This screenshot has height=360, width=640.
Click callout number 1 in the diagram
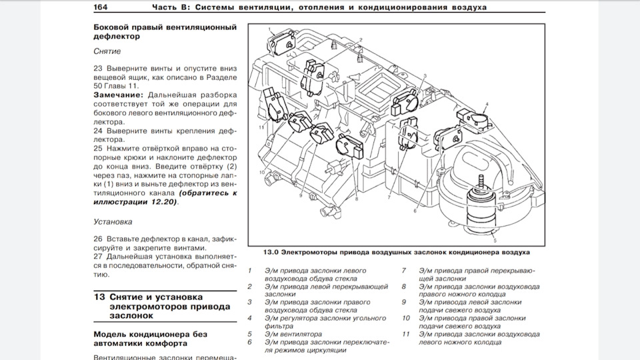(x=271, y=29)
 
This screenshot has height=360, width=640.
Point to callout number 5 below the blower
(x=494, y=239)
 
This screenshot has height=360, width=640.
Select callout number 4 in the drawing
(x=487, y=104)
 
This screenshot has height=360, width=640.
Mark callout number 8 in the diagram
(x=357, y=199)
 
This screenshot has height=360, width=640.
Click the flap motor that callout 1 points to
(x=280, y=44)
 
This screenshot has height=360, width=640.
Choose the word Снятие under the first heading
(x=107, y=51)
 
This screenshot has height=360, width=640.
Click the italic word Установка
(x=113, y=221)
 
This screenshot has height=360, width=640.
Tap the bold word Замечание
(x=119, y=95)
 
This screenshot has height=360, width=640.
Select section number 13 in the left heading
(x=98, y=296)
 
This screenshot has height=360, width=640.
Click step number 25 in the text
(x=98, y=148)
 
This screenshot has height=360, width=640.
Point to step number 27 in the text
(x=98, y=256)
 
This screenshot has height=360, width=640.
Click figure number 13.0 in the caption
(x=270, y=253)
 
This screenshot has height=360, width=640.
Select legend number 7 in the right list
(x=404, y=271)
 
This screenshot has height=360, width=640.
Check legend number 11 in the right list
(x=405, y=333)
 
